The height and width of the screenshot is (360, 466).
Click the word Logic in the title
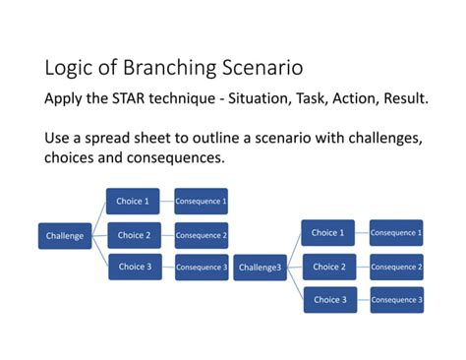[x=67, y=69]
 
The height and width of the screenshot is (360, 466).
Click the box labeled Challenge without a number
[x=65, y=236]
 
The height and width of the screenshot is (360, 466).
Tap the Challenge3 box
[x=260, y=268]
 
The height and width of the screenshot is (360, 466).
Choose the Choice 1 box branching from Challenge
[x=133, y=203]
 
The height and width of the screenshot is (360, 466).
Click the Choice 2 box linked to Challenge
[x=133, y=236]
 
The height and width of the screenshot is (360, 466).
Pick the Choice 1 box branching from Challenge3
[x=328, y=233]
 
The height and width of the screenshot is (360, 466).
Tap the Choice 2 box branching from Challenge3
[x=328, y=267]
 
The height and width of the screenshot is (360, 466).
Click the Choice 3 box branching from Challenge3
[x=328, y=300]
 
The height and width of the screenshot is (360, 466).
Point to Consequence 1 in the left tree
[x=201, y=203]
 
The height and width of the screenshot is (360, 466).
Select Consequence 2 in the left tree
[x=201, y=236]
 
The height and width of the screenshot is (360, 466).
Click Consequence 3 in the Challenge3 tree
[x=396, y=300]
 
